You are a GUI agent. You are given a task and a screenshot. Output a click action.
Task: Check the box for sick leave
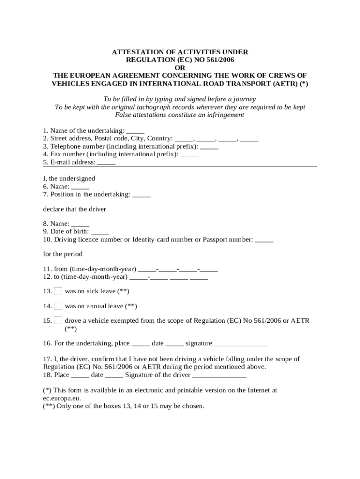(58, 291)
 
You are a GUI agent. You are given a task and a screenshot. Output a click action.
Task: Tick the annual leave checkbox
(58, 306)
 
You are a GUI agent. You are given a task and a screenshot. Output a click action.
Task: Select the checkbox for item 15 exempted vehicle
(58, 320)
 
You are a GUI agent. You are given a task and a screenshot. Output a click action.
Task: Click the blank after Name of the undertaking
(135, 131)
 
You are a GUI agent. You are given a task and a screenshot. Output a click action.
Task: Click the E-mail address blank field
(106, 162)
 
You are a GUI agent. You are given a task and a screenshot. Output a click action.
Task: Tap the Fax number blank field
(189, 154)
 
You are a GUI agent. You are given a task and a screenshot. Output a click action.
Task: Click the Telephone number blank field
(209, 146)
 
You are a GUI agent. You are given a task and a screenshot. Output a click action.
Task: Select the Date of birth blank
(100, 232)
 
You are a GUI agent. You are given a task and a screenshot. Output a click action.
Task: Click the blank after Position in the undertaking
(141, 194)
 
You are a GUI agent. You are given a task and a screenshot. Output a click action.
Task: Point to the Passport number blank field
(264, 240)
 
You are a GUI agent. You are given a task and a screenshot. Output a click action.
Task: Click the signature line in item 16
(241, 344)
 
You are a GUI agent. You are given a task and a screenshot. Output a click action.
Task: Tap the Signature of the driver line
(219, 375)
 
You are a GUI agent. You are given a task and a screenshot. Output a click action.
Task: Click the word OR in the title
(180, 67)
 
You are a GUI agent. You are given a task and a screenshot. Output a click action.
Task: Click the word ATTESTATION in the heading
(135, 51)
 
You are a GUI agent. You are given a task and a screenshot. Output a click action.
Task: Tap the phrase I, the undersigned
(69, 178)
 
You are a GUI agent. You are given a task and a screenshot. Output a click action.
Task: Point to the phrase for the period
(63, 254)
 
